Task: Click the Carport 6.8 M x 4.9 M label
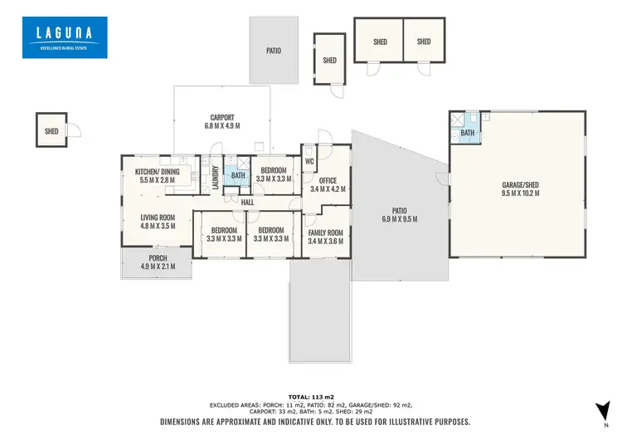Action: (x=221, y=122)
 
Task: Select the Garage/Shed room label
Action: (x=520, y=188)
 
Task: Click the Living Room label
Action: (x=158, y=221)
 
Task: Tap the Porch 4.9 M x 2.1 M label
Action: (x=158, y=262)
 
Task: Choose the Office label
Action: (x=327, y=184)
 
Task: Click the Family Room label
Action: (x=325, y=237)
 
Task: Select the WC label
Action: (x=309, y=161)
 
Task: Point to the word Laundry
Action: (x=215, y=177)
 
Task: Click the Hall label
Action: (x=248, y=202)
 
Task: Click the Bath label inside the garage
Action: (x=468, y=133)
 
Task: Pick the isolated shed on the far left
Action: (x=51, y=130)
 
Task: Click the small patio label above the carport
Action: (x=273, y=51)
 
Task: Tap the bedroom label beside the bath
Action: (x=271, y=174)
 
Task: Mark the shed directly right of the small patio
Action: (x=329, y=60)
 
